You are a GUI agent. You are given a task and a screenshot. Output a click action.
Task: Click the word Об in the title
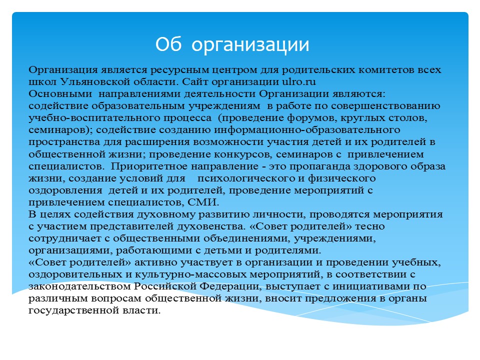coord(168,44)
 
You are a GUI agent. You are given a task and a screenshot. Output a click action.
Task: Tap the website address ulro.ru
coord(299,81)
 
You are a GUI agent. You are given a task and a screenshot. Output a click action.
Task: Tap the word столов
coord(408,118)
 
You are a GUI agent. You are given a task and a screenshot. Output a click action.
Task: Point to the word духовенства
coord(211,226)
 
